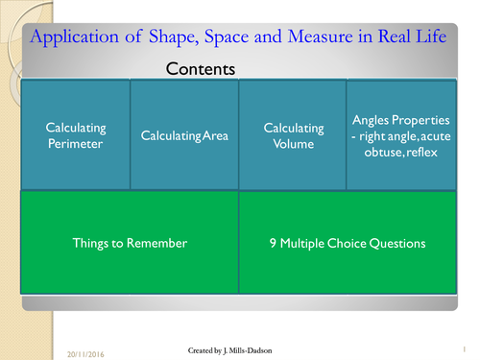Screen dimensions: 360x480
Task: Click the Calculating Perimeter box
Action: [x=76, y=135]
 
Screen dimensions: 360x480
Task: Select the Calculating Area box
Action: [x=184, y=135]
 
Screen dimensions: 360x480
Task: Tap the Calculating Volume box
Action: [x=292, y=135]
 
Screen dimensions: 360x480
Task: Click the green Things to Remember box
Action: [x=130, y=243]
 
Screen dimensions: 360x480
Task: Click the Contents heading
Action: [x=201, y=69]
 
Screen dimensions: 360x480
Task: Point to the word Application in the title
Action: [x=80, y=37]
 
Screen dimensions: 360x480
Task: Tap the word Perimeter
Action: [x=76, y=143]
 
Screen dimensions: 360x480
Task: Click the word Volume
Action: [x=292, y=143]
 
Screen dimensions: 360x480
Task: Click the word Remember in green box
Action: [x=159, y=243]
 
